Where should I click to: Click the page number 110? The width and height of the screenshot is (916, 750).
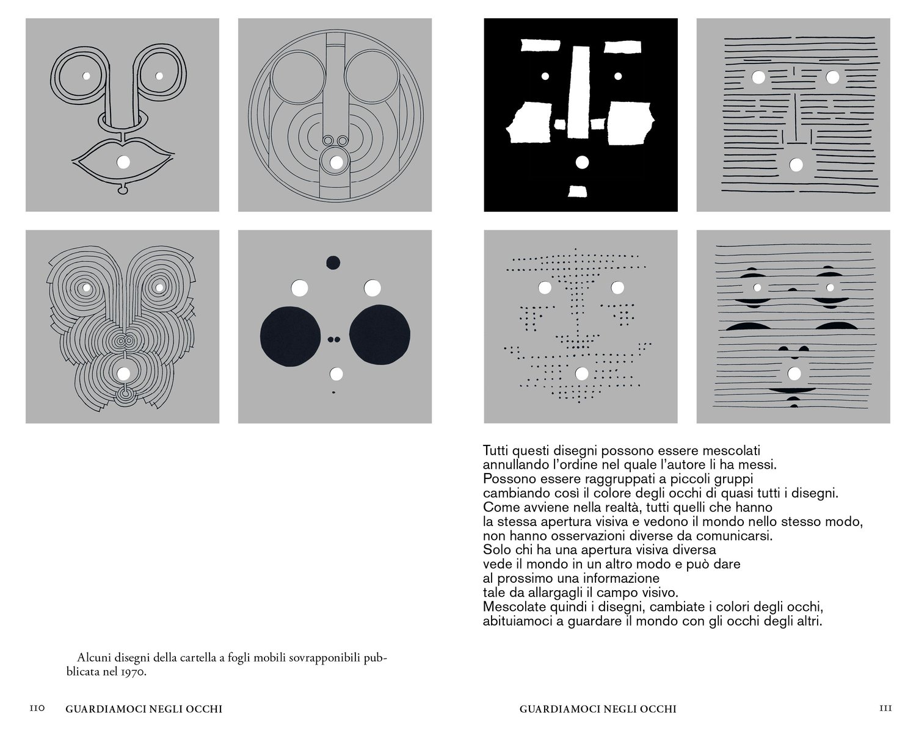[38, 709]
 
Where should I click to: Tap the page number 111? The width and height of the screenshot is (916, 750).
[885, 709]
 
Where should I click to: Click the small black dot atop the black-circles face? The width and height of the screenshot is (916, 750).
[333, 262]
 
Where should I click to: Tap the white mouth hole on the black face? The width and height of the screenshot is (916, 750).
[581, 162]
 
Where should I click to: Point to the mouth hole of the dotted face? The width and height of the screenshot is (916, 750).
[581, 373]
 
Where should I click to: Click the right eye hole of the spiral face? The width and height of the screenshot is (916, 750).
[159, 287]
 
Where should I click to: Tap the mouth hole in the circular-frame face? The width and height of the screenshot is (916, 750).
[335, 162]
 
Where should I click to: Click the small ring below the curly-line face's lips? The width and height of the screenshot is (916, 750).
[123, 190]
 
